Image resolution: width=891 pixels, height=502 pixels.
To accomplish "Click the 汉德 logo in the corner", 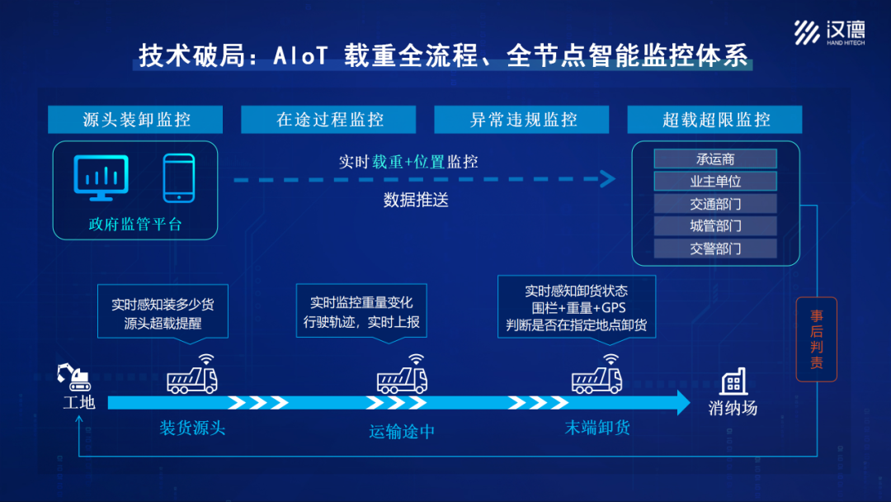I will coord(829,32).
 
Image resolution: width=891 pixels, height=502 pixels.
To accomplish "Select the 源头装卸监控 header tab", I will coord(136,120).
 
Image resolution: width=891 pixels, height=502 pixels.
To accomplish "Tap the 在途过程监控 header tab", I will coord(330,120).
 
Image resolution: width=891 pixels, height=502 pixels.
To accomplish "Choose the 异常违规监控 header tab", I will coord(523,120).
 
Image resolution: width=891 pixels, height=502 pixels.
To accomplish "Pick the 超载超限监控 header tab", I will coord(715,120).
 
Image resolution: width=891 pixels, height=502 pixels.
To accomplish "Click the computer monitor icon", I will coord(101,177).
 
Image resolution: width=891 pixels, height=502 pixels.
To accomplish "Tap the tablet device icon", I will coord(178,178).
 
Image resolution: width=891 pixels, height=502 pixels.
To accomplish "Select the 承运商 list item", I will coord(715,159).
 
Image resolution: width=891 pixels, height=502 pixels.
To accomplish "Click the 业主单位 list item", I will coord(715,182).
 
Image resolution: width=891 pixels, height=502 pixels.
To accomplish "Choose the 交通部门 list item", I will coord(715,204).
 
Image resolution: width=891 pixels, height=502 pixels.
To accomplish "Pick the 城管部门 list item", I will coord(715,226).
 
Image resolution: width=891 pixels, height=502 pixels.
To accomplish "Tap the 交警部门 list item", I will coord(715,249).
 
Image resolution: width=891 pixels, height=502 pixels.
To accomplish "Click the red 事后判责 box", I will coord(816,339).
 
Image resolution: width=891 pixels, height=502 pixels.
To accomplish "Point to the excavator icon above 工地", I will coord(74,376).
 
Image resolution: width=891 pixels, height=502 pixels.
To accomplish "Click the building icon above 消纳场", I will coord(733,381).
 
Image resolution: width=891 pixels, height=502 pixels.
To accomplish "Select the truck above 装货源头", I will coord(192,379).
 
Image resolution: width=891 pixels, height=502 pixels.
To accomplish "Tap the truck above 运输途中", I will coord(402,379).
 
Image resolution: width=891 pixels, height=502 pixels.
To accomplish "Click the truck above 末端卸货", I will coord(596,379).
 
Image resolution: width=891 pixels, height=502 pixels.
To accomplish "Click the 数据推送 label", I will coord(416,200).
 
